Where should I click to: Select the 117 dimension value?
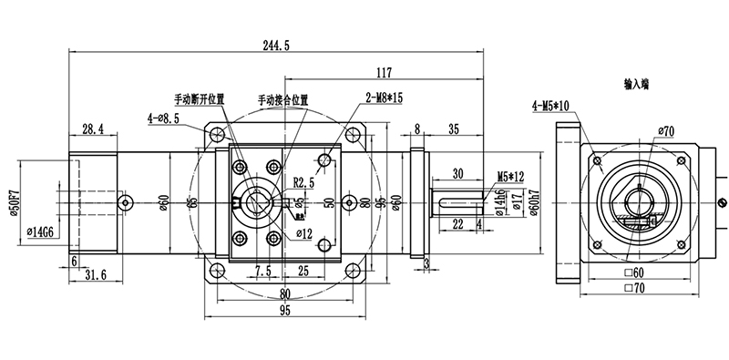pyautogui.click(x=383, y=72)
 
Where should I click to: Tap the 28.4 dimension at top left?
pyautogui.click(x=92, y=128)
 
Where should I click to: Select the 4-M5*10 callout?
pyautogui.click(x=551, y=106)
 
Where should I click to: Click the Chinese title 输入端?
pyautogui.click(x=635, y=83)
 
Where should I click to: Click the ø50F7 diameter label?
pyautogui.click(x=13, y=199)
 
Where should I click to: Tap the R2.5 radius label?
pyautogui.click(x=304, y=181)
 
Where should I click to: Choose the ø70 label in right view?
pyautogui.click(x=663, y=131)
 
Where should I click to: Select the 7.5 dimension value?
pyautogui.click(x=262, y=272)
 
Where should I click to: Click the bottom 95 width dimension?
pyautogui.click(x=284, y=310)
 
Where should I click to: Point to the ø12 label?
pyautogui.click(x=304, y=232)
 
